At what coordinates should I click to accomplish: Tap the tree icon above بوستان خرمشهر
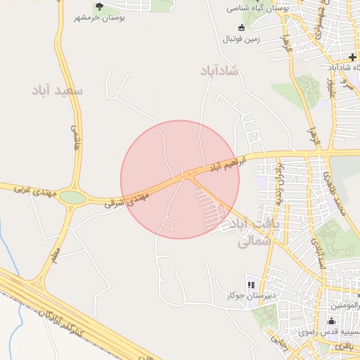(98, 7)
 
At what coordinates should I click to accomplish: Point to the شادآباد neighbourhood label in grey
(219, 71)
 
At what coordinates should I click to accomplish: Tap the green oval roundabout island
(73, 198)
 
